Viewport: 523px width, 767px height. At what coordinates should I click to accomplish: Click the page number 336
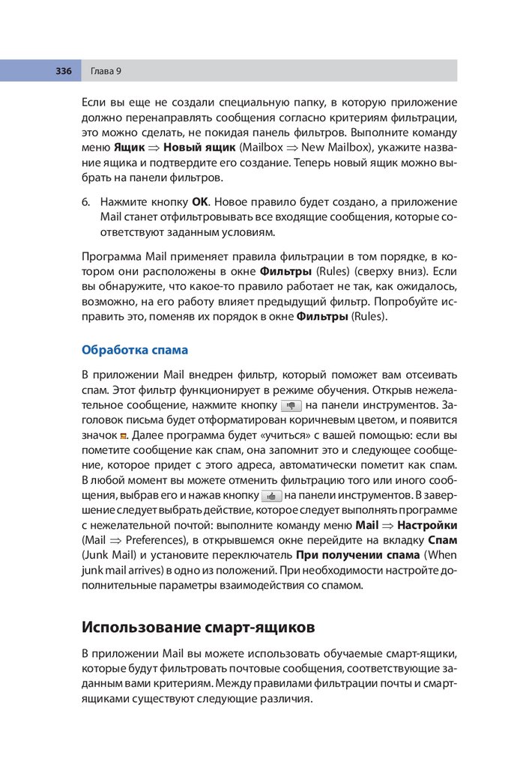pos(63,71)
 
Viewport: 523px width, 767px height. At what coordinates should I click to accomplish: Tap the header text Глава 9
pos(106,71)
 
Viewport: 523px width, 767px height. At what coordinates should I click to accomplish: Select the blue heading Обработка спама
pos(134,350)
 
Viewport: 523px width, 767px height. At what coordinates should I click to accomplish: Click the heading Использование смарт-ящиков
pos(198,627)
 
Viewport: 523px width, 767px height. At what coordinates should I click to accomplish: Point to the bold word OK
pos(200,202)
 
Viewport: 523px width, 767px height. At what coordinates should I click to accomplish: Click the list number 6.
pos(85,202)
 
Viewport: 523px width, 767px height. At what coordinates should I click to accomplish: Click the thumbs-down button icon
pos(291,405)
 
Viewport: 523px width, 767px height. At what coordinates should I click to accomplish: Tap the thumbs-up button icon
pos(271,496)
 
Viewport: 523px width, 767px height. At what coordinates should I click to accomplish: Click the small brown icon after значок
pos(124,435)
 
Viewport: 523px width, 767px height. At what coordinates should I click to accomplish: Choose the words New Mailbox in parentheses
pos(322,148)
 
